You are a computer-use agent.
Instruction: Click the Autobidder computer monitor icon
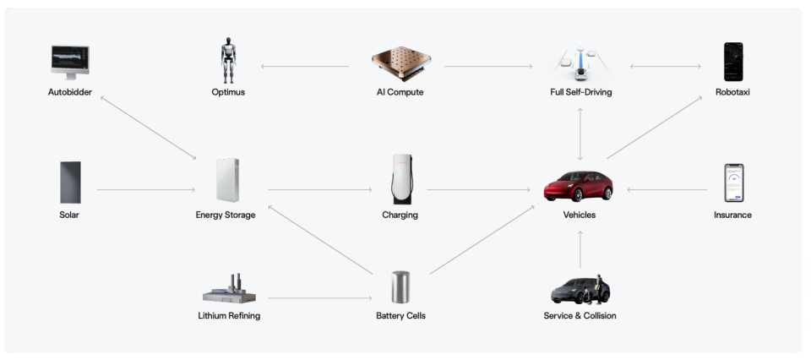click(70, 62)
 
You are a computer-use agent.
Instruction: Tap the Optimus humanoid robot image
click(228, 61)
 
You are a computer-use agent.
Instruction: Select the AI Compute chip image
click(400, 63)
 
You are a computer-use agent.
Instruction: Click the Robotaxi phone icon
click(733, 62)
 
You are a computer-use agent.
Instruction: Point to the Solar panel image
click(70, 183)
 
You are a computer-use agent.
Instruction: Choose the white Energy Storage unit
click(227, 180)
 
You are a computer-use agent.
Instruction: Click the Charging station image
click(402, 179)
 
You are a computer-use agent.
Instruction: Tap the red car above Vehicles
click(578, 186)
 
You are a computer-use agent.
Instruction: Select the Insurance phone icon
click(734, 183)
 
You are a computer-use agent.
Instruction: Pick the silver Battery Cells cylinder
click(400, 287)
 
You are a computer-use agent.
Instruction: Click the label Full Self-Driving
click(581, 92)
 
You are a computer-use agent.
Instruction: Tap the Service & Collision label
click(580, 315)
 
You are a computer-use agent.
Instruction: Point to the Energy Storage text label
click(226, 215)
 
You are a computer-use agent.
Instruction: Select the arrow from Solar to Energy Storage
click(146, 190)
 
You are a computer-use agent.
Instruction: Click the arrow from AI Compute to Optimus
click(305, 66)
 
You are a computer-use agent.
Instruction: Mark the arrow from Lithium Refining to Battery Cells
click(319, 298)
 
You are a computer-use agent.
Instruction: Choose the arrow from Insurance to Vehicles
click(667, 190)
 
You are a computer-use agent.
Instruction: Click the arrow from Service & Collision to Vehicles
click(580, 249)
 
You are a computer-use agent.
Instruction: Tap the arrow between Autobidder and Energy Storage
click(149, 128)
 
